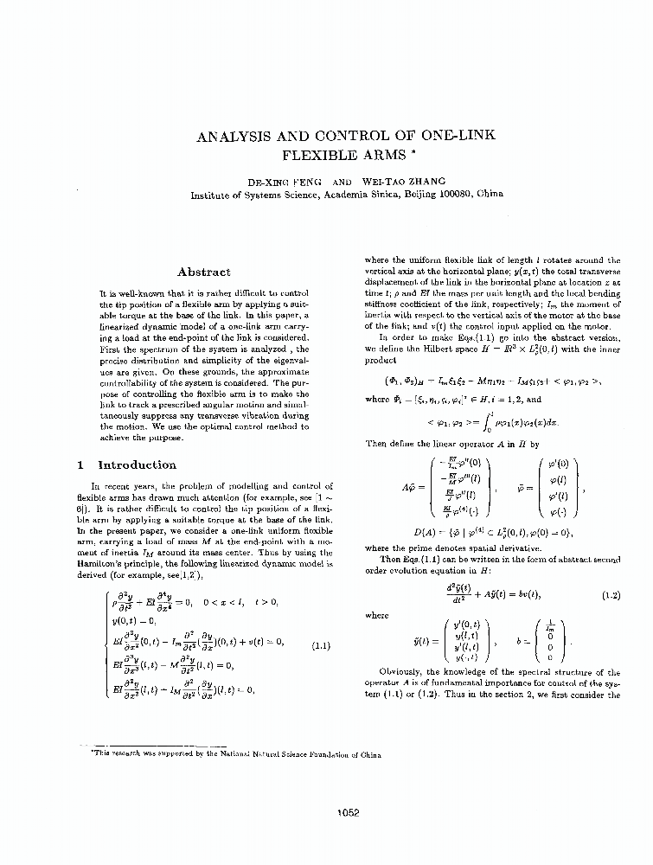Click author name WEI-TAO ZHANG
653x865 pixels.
coord(404,182)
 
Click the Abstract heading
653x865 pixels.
coord(203,272)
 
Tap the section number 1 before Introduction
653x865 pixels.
coord(80,465)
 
